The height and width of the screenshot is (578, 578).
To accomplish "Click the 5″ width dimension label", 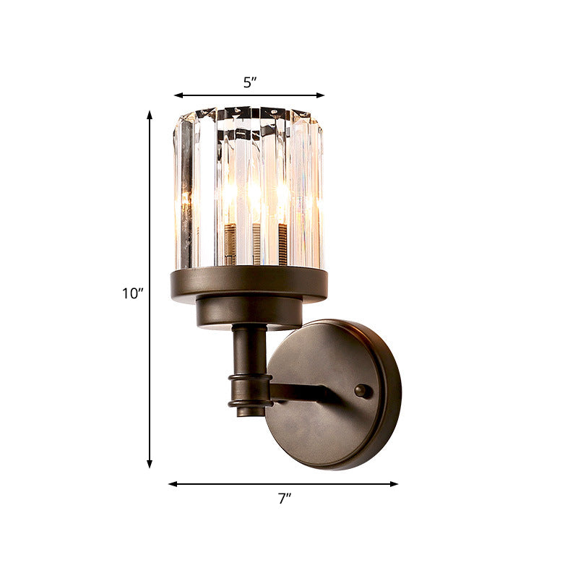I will [x=250, y=82].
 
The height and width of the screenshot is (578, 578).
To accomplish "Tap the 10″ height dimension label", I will [x=132, y=293].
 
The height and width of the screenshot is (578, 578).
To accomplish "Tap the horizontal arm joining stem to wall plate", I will [x=303, y=392].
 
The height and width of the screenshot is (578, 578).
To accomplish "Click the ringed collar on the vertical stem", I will [x=250, y=391].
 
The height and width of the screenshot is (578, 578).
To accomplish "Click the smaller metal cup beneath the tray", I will [x=249, y=313].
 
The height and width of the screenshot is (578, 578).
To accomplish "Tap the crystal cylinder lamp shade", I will [x=248, y=188].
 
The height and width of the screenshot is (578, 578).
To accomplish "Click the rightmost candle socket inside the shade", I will [x=282, y=242].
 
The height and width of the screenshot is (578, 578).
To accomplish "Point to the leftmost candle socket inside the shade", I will [x=231, y=243].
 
